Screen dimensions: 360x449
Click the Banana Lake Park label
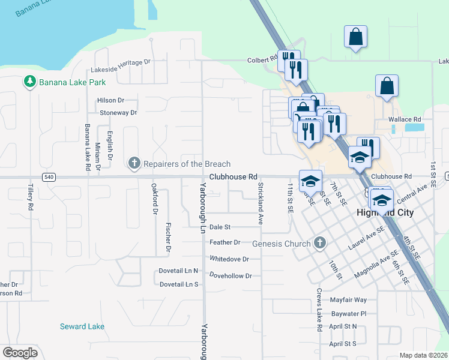point(72,82)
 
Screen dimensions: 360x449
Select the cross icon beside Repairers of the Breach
point(134,163)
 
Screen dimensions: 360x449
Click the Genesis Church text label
point(282,243)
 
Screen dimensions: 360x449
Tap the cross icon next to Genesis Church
point(320,242)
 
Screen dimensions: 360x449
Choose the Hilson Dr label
point(112,100)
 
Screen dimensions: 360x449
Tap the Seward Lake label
point(82,326)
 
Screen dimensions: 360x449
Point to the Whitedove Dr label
point(229,259)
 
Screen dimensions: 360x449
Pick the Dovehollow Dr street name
point(231,275)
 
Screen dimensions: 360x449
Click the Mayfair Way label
point(348,299)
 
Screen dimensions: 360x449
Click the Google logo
point(20,352)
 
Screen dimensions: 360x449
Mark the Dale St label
point(220,227)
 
